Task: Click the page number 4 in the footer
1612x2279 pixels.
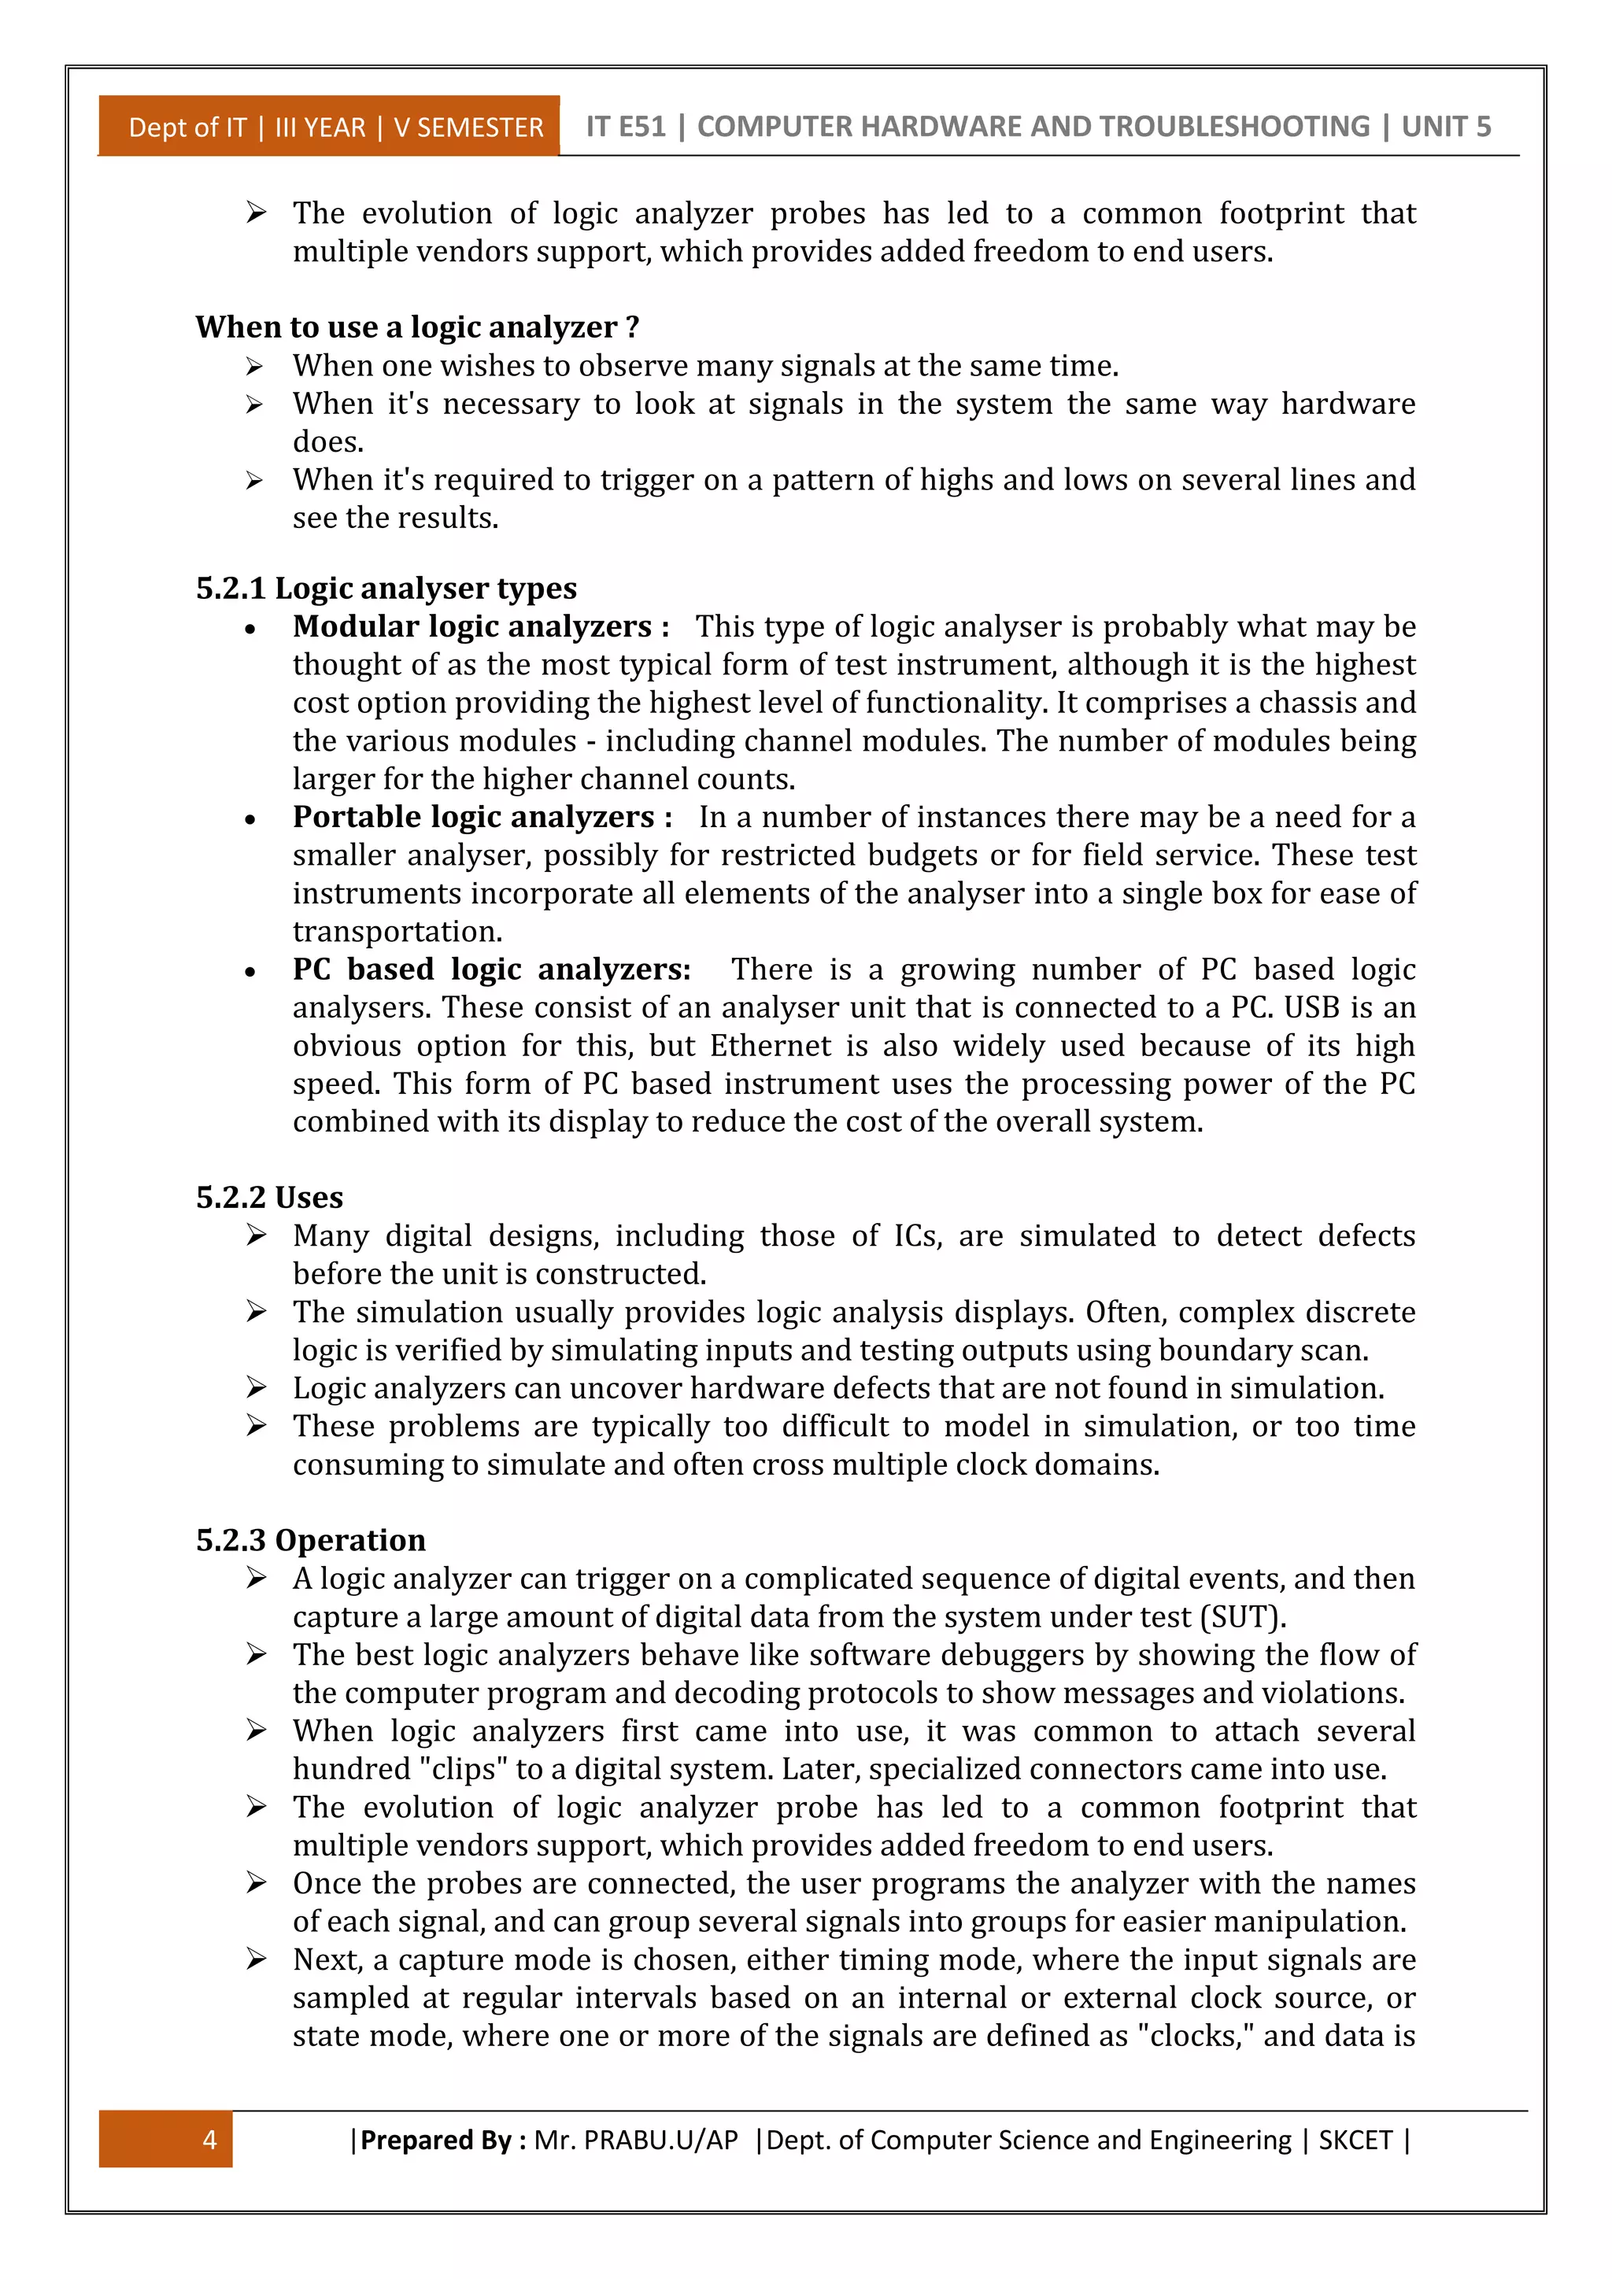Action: pos(209,2139)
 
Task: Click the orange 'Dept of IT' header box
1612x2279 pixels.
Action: pos(330,127)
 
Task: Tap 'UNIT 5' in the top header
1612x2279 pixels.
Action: pos(1445,126)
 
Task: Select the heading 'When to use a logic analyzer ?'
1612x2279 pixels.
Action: pos(417,327)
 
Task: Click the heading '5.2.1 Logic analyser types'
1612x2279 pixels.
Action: pos(386,588)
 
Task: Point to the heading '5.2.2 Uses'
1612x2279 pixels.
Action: pos(269,1197)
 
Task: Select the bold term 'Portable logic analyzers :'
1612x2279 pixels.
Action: pos(482,817)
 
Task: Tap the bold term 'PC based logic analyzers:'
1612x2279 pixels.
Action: pos(491,969)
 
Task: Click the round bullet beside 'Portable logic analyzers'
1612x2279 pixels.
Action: pos(250,820)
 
